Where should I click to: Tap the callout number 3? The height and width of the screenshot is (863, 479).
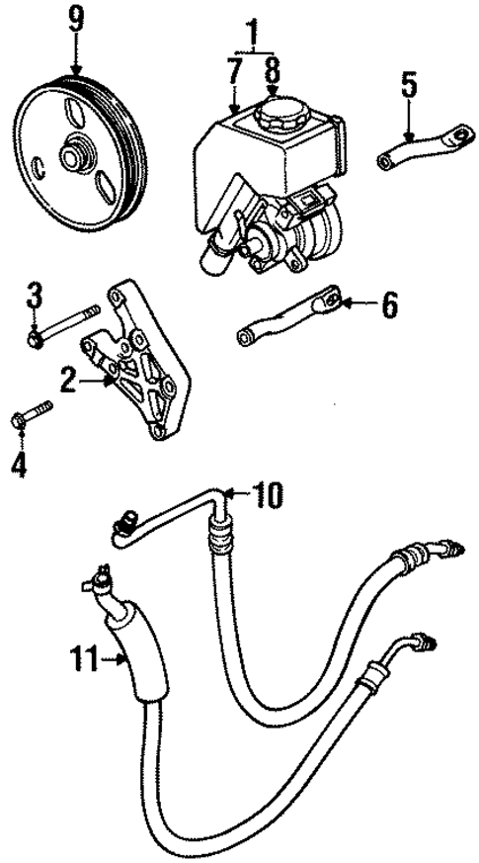35,294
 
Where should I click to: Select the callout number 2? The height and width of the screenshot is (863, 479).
67,379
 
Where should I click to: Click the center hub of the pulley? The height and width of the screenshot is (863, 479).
75,156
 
